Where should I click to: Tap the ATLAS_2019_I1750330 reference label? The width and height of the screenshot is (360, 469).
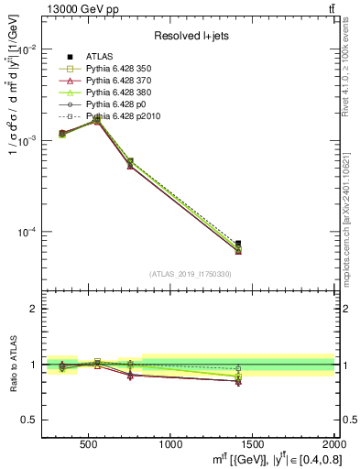[190, 274]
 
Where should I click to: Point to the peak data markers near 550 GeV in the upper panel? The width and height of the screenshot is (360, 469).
[98, 119]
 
